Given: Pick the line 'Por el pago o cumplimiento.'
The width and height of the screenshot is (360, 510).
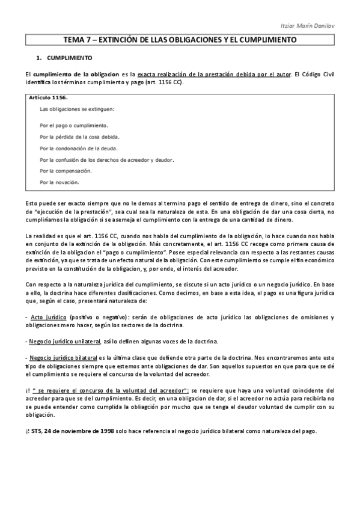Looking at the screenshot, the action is click(74, 126).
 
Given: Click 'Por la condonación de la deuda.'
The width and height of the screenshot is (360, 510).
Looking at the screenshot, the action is click(79, 148).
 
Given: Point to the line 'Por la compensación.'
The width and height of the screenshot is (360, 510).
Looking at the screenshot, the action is click(66, 171).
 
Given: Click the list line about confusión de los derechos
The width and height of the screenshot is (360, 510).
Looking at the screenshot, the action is click(106, 159).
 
